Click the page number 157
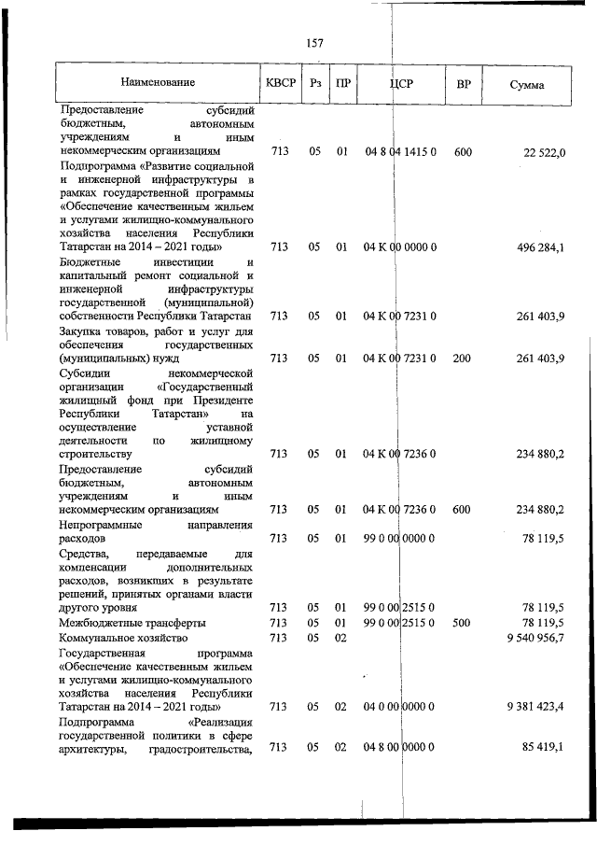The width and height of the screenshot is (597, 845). (x=314, y=43)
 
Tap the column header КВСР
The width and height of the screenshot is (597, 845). (x=281, y=84)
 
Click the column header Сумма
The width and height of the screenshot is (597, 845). (x=528, y=86)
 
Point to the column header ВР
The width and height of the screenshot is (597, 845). (x=464, y=85)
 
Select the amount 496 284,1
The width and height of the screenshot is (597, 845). (x=538, y=248)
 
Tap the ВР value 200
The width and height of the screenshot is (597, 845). (x=463, y=358)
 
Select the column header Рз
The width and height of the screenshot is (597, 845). (x=315, y=85)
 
